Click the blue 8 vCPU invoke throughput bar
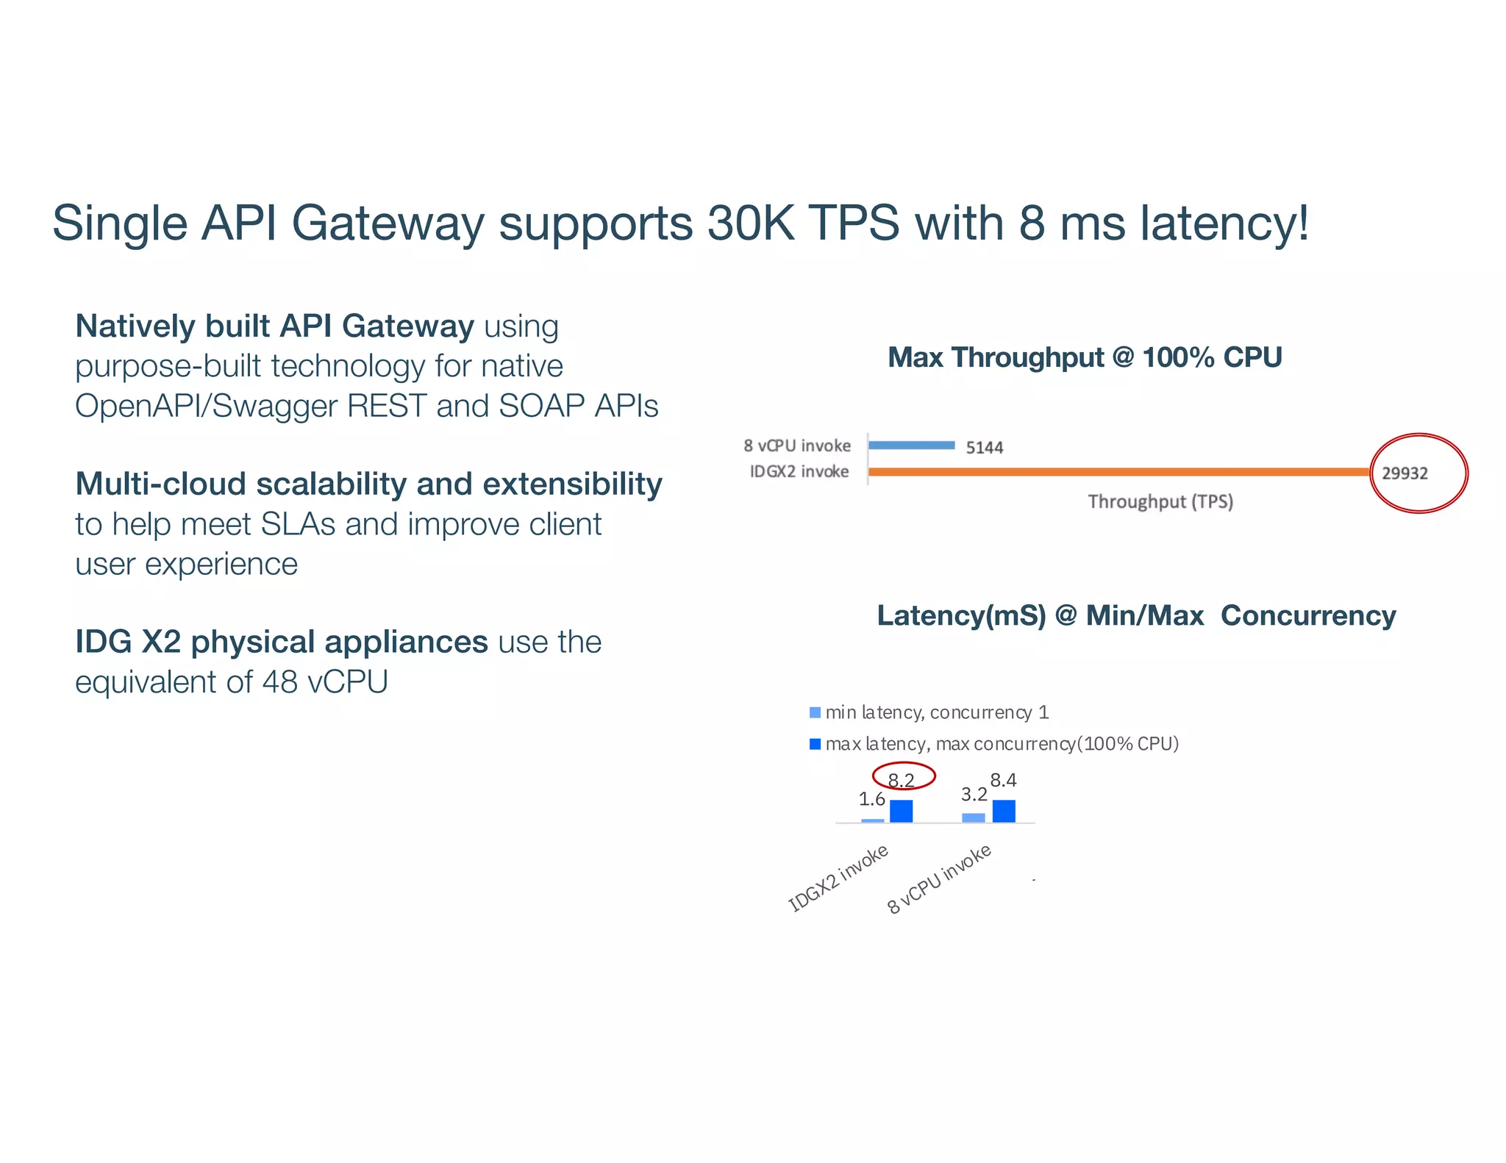[x=912, y=445]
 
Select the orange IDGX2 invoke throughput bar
[x=1118, y=471]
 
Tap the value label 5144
[x=984, y=447]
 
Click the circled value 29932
[x=1405, y=473]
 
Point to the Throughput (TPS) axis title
[x=1160, y=501]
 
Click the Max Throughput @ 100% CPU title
[x=1085, y=357]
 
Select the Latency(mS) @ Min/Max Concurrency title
[x=1136, y=615]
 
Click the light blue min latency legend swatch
[x=815, y=712]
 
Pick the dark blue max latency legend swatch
[x=815, y=744]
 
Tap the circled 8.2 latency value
[x=902, y=779]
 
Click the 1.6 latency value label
[x=872, y=798]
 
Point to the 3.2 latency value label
[x=974, y=794]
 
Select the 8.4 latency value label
[x=1004, y=779]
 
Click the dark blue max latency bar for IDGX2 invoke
[x=902, y=811]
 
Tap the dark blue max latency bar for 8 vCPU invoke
[x=1004, y=811]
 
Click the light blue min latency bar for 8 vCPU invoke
[x=974, y=817]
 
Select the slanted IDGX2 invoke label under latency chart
[x=839, y=878]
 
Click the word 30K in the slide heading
[x=751, y=223]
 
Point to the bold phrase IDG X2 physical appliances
[x=282, y=642]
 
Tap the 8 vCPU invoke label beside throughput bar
[x=797, y=445]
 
